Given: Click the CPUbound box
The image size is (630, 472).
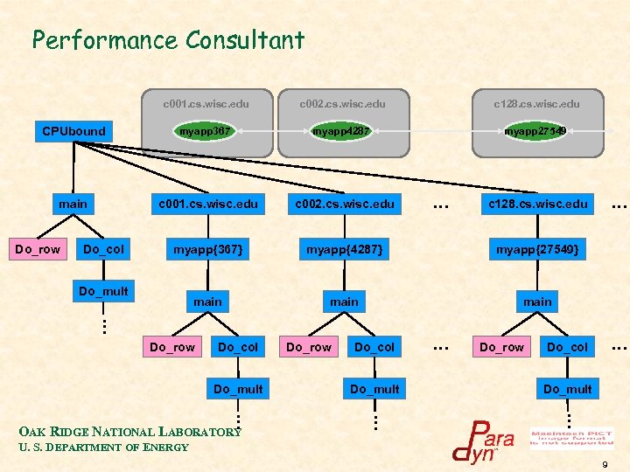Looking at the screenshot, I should [74, 131].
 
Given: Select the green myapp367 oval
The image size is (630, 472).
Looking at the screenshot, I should [205, 131].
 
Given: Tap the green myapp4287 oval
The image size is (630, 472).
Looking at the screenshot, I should [341, 131].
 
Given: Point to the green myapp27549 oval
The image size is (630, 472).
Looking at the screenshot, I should [535, 131].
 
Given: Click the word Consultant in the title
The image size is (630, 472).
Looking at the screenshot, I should [244, 40].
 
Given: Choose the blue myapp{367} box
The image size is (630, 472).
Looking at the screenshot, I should [207, 250].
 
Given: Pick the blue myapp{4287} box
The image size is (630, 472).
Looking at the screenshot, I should [343, 250].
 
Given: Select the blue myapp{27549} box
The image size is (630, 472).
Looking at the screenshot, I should [537, 250].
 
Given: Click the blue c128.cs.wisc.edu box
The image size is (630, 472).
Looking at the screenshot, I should [537, 204].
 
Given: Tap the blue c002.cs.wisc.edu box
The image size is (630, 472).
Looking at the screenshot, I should [343, 204].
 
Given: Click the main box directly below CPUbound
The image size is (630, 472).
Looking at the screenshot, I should [73, 204].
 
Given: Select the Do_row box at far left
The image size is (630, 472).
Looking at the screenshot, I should [38, 250].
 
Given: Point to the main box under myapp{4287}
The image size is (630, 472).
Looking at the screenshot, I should [344, 302].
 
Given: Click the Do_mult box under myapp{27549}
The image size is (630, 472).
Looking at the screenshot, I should [567, 389].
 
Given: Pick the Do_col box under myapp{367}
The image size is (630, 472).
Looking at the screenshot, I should [238, 347].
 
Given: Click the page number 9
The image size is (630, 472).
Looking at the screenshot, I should [605, 463].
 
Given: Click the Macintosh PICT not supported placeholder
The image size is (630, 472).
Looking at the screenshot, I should [571, 436].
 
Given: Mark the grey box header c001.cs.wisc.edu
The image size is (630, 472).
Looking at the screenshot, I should [206, 104].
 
